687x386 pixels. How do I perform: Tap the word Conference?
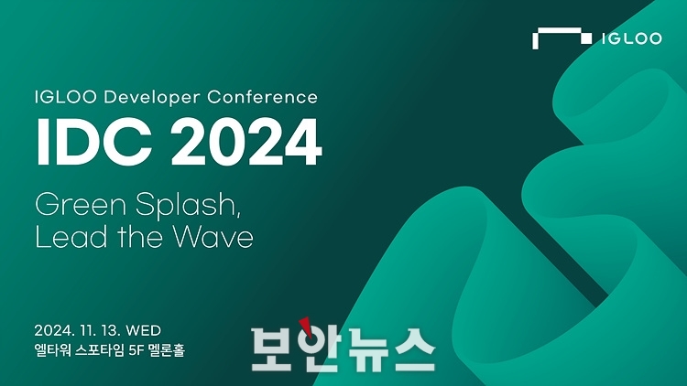(x=263, y=97)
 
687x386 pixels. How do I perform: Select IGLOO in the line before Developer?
(x=66, y=97)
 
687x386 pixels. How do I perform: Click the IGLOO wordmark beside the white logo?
(x=631, y=38)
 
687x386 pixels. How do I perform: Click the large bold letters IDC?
(x=94, y=142)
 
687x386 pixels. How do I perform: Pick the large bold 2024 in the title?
(x=246, y=142)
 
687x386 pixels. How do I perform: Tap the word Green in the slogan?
(x=81, y=204)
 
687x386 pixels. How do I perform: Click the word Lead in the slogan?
(x=71, y=237)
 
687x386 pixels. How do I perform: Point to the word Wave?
(x=213, y=237)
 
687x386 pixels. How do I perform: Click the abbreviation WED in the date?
(x=143, y=330)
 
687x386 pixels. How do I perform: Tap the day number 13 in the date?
(x=110, y=330)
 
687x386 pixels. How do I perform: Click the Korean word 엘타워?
(x=52, y=350)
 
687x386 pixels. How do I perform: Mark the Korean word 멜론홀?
(x=167, y=350)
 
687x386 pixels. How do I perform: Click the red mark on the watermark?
(x=306, y=327)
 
